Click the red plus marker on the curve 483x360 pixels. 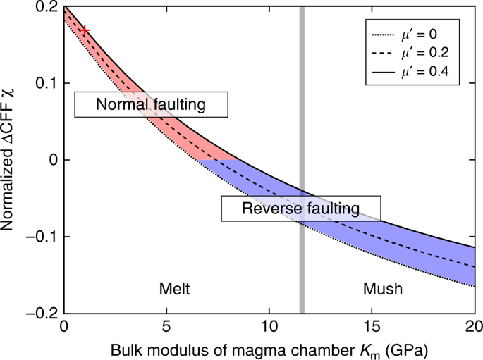85,30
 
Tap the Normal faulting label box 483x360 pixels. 151,105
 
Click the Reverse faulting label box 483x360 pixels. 301,209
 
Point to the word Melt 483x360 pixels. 173,289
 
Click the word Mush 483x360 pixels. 383,289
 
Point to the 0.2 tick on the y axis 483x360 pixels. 46,7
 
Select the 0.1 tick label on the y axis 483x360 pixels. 46,83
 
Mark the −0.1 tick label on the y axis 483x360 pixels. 42,237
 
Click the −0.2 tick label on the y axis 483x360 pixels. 42,313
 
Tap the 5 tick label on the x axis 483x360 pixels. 166,328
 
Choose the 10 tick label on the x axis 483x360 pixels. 269,328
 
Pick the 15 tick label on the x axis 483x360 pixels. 372,328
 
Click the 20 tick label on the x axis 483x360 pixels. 473,328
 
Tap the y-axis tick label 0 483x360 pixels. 52,160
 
